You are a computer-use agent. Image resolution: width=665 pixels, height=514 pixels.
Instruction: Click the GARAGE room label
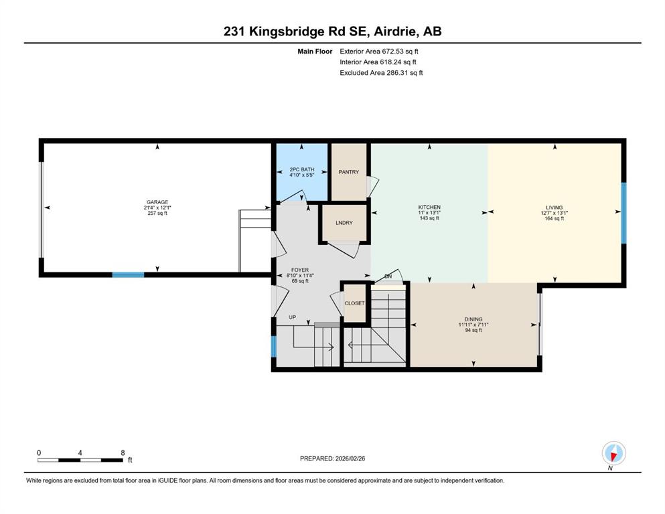157,202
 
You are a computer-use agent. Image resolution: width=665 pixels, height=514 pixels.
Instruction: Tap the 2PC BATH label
302,169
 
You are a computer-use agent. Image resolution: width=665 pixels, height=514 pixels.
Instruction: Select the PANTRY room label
349,172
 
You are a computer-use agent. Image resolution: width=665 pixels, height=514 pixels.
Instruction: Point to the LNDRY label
344,223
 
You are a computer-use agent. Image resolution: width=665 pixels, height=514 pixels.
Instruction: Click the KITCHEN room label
429,207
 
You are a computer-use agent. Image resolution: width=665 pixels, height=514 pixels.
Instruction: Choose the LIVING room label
555,207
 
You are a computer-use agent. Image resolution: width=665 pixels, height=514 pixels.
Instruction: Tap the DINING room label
473,319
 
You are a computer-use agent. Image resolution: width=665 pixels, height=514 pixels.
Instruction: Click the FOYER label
300,270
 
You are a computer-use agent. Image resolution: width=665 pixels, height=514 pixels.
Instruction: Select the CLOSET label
354,303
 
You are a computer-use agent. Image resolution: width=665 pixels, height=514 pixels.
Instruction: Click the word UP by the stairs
292,317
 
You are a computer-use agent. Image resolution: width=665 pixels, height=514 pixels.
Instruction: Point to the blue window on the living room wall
623,213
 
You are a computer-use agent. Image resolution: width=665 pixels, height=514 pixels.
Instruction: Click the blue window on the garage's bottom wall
128,274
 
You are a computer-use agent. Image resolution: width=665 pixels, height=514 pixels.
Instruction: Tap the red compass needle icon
613,456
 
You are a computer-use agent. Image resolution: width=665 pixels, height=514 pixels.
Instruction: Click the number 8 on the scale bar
123,452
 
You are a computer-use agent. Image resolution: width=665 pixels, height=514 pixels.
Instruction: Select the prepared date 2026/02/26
350,458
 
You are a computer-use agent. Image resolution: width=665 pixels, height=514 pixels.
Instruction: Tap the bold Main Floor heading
315,52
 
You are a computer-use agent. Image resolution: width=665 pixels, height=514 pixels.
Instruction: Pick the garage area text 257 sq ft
157,213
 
